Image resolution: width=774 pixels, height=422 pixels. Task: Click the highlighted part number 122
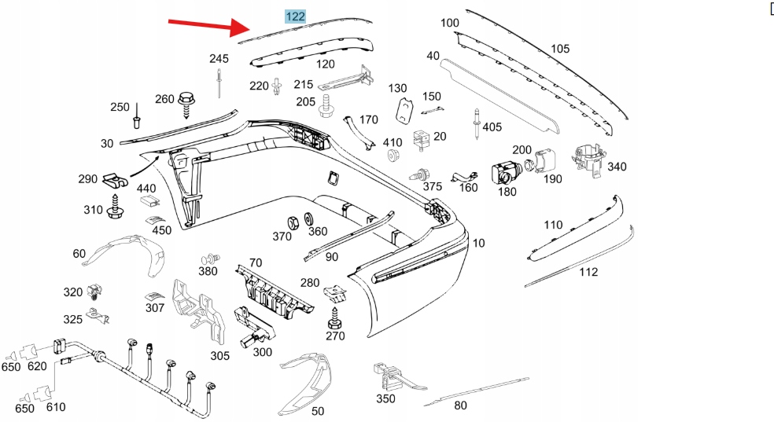295,16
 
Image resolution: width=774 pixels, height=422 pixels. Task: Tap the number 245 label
218,59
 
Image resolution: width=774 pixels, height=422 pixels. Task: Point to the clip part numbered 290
116,181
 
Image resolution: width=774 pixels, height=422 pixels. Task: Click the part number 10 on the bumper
478,242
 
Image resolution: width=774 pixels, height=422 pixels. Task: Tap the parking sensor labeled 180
503,172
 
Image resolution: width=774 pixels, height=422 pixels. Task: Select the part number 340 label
617,167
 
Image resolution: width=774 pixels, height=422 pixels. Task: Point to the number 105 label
560,49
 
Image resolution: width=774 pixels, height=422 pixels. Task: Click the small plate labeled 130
404,111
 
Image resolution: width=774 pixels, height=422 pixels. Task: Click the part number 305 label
219,356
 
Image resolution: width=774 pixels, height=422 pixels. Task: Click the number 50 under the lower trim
317,411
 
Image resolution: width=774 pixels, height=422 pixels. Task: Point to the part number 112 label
588,273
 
